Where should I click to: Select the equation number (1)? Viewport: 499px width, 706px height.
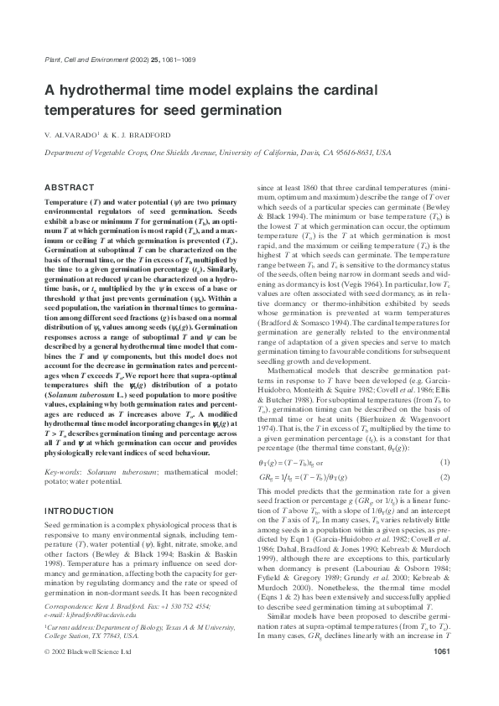pos(452,462)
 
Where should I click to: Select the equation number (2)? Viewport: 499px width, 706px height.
pos(452,477)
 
